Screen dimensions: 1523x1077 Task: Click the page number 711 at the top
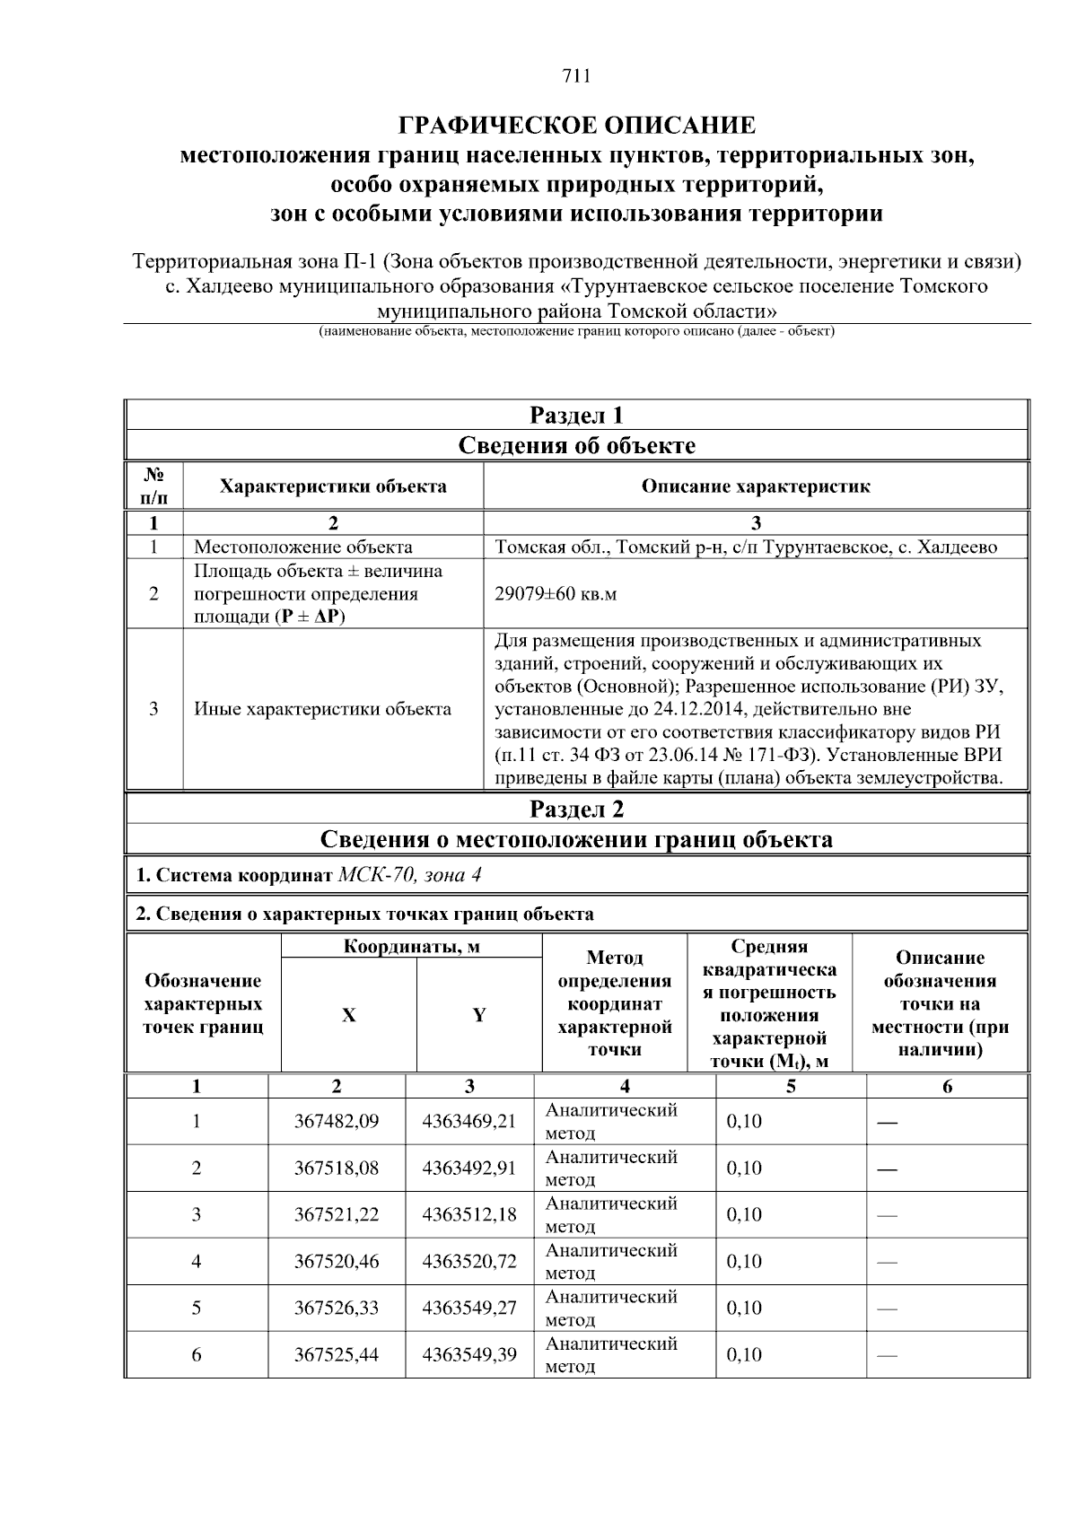tap(576, 76)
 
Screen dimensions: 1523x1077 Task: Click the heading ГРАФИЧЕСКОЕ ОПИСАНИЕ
tap(576, 125)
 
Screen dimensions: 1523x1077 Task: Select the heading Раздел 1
tap(576, 416)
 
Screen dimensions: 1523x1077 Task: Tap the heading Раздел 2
tap(576, 810)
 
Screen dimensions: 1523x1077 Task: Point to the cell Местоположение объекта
tap(303, 547)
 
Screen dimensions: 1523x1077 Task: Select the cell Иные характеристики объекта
tap(323, 709)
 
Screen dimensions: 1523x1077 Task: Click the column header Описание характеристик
tap(756, 486)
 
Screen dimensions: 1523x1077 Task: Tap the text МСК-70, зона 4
tap(415, 875)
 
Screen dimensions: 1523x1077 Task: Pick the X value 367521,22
tap(337, 1215)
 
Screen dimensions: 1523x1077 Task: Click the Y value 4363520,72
tap(469, 1262)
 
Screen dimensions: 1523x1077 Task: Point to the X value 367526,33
tap(337, 1309)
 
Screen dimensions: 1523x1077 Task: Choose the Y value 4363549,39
tap(469, 1355)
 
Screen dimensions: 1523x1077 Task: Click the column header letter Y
tap(479, 1015)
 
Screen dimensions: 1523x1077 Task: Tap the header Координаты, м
tap(412, 947)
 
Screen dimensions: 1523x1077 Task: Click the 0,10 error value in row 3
tap(744, 1215)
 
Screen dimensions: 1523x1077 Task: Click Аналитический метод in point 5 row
tap(611, 1309)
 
